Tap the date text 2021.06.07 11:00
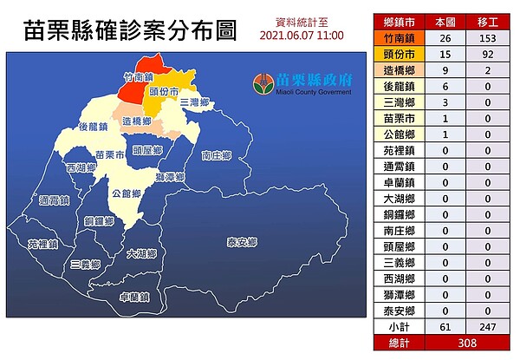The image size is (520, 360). [x=302, y=36]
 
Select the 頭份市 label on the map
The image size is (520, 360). [x=165, y=91]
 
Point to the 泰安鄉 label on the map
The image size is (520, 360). [x=242, y=242]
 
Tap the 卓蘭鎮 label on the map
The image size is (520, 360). [x=135, y=297]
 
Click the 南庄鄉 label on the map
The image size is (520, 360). [x=217, y=156]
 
